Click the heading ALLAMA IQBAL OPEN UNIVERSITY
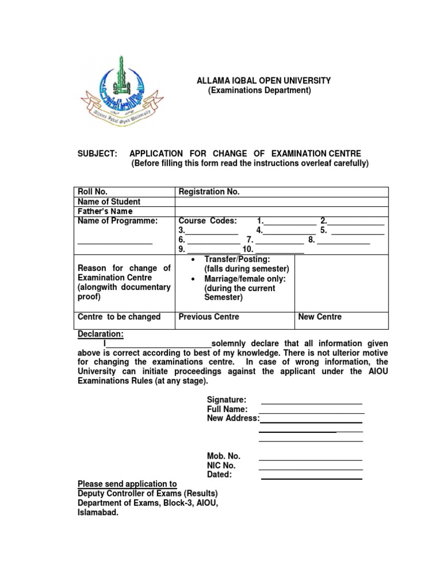[x=264, y=81]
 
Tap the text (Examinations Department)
[x=259, y=91]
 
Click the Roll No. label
[x=93, y=192]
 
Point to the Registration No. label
[x=209, y=192]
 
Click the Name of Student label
[x=109, y=202]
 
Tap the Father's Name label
[x=105, y=211]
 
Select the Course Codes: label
[x=207, y=221]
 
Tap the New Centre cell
[x=320, y=316]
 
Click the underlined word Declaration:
[x=100, y=334]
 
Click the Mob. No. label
[x=223, y=456]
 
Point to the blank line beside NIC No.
[x=310, y=469]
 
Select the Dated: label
[x=219, y=475]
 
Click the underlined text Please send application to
[x=127, y=484]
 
